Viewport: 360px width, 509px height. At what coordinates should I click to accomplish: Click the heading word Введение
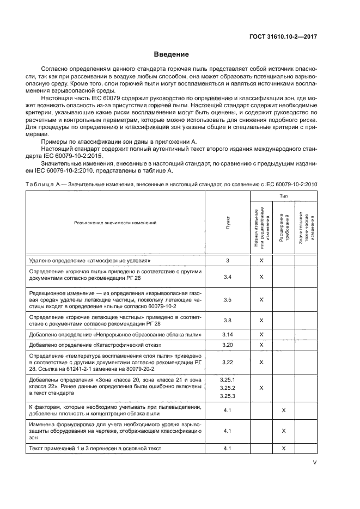coord(171,54)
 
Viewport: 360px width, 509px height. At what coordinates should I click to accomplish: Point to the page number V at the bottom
coord(315,463)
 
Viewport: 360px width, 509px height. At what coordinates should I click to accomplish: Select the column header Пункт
coord(228,223)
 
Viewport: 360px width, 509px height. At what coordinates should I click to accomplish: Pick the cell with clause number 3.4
coord(228,277)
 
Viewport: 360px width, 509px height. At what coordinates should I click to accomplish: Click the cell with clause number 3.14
coord(228,334)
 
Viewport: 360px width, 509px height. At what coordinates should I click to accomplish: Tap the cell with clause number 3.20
coord(228,345)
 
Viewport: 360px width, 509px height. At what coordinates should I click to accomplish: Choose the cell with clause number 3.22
coord(228,362)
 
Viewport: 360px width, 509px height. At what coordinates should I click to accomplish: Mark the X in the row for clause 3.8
coord(261,320)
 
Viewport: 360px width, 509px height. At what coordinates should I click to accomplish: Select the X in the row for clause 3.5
coord(261,299)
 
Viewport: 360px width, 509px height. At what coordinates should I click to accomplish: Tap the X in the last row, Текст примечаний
coord(284,448)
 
